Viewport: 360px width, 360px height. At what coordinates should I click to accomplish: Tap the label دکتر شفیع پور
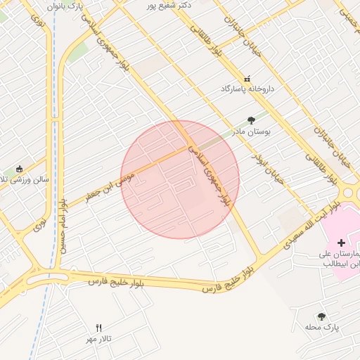click(x=165, y=6)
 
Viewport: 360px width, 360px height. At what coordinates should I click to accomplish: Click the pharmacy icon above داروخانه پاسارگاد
click(x=247, y=79)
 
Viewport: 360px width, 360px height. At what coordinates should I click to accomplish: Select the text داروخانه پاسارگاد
click(x=246, y=89)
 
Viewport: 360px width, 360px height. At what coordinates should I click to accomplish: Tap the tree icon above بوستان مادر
click(x=251, y=120)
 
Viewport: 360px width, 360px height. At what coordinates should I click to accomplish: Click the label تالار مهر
click(x=103, y=339)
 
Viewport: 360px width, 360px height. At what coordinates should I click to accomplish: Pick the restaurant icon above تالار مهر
click(x=98, y=328)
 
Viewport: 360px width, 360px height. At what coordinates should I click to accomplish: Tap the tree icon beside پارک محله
click(x=321, y=317)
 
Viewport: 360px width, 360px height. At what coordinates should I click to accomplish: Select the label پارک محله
click(x=322, y=328)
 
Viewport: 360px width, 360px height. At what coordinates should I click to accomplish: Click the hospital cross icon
click(x=341, y=242)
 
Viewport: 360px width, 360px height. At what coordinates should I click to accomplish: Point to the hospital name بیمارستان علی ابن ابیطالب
click(x=340, y=258)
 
